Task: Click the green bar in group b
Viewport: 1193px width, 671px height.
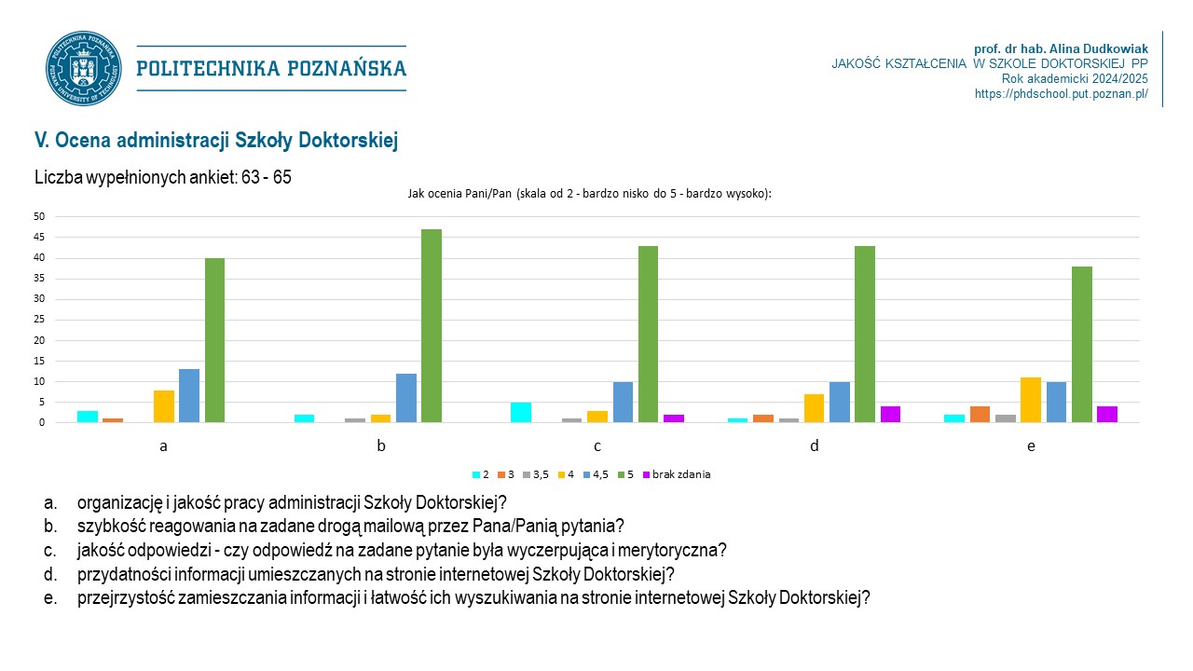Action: (432, 325)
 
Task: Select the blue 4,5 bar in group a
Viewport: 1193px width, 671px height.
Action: (189, 395)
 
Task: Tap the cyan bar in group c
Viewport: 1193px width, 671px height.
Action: (521, 412)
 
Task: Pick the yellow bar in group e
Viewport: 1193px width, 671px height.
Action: (1031, 400)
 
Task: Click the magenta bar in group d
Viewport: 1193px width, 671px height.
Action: (890, 414)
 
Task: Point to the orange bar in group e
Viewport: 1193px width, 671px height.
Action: (980, 414)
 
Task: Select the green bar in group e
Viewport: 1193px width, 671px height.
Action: (1082, 344)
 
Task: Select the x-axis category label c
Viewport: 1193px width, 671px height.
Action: (597, 446)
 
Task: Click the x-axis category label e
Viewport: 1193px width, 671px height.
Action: (1031, 446)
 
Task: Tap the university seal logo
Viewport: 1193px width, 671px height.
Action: (84, 68)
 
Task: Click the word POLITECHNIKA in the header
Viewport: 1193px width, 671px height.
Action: (208, 68)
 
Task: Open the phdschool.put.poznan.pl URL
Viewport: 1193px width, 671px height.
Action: (1061, 94)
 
